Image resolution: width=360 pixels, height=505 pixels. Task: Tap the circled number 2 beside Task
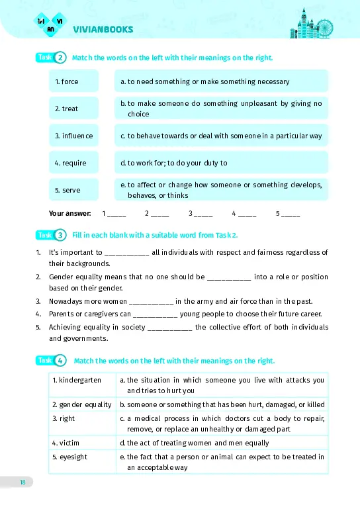(61, 58)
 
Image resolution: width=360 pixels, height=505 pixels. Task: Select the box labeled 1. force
(73, 81)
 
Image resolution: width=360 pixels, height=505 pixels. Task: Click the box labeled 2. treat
(73, 109)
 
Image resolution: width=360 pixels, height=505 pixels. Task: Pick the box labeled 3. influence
(73, 136)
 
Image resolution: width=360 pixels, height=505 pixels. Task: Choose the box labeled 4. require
(73, 163)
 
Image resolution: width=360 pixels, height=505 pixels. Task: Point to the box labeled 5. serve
(73, 190)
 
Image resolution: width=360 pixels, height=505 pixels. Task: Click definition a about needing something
(220, 81)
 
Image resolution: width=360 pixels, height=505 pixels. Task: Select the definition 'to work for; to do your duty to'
(220, 163)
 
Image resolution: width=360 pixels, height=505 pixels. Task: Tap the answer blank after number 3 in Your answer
(203, 214)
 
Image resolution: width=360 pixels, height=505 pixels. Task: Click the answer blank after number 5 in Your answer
(291, 214)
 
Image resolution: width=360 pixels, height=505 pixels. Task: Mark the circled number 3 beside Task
(61, 235)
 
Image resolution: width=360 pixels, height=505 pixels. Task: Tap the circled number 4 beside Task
(61, 361)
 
